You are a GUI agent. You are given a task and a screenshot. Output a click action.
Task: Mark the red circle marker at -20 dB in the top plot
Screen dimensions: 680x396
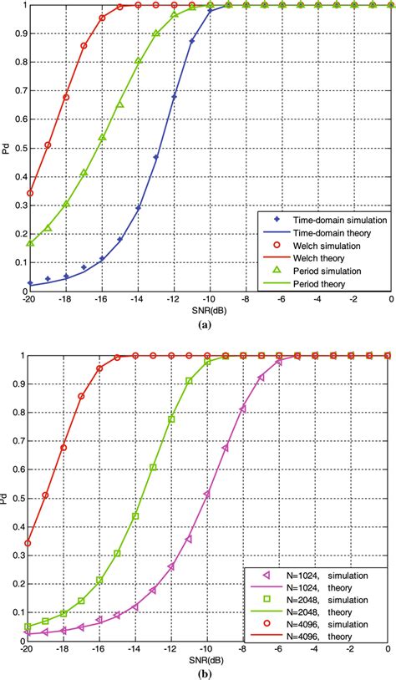point(30,193)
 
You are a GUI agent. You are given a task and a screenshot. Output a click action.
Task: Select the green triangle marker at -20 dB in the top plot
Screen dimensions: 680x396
point(30,243)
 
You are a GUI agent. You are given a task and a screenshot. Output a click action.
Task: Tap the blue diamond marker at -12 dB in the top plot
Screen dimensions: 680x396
point(175,97)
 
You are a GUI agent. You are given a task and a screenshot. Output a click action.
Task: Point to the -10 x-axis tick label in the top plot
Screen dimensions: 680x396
point(210,298)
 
